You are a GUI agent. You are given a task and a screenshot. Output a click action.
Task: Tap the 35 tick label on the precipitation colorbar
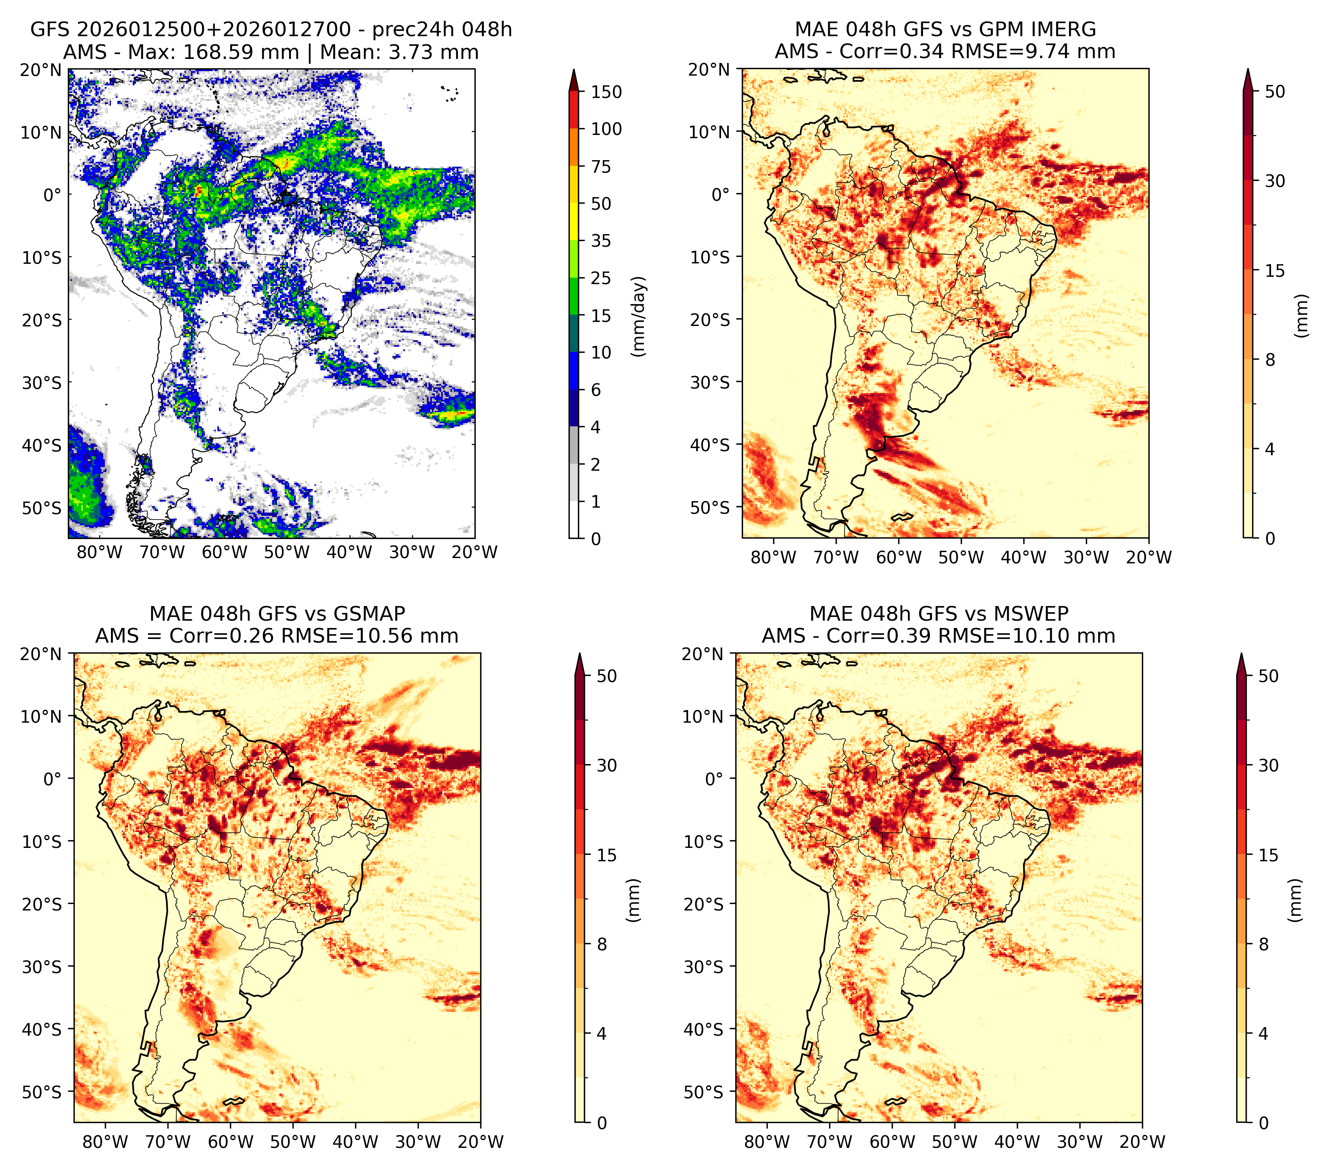click(x=601, y=241)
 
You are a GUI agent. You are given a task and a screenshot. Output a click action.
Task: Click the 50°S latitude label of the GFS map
click(x=42, y=508)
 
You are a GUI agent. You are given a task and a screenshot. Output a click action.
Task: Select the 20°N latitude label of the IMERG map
click(x=710, y=69)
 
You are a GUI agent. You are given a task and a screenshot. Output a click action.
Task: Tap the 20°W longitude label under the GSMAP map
click(x=481, y=1142)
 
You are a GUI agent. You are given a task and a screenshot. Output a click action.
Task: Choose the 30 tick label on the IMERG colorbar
click(x=1275, y=181)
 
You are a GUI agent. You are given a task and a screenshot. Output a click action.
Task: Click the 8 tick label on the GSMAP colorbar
click(x=602, y=945)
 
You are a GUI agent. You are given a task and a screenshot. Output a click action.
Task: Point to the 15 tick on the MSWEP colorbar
click(x=1268, y=855)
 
